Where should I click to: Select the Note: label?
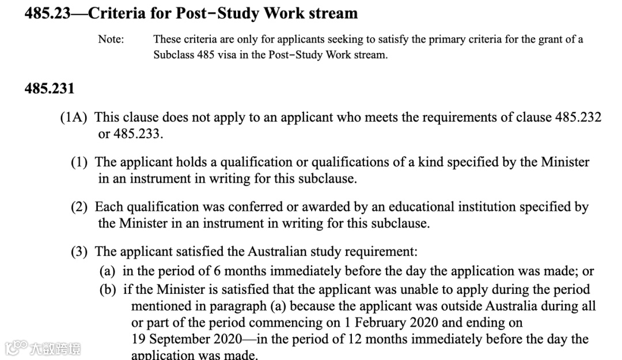pos(111,39)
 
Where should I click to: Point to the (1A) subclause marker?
pos(74,118)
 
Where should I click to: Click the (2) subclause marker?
pos(79,207)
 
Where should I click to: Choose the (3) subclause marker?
pos(79,252)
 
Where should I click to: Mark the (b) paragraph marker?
pos(108,289)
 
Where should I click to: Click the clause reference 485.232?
pos(578,118)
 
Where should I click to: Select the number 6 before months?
pos(217,271)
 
